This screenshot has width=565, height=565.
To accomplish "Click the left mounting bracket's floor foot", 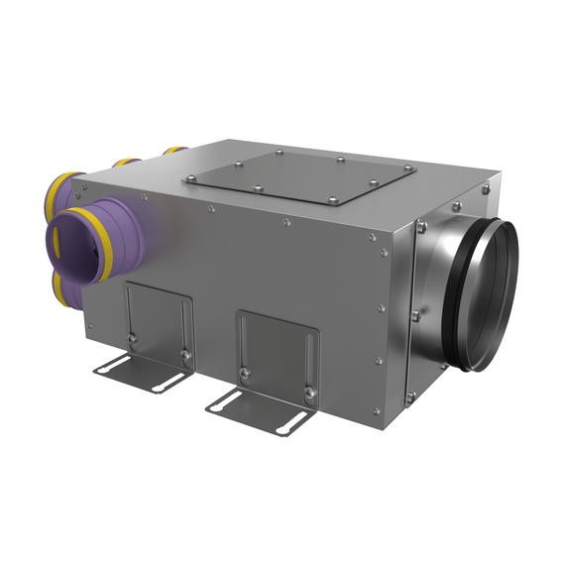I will [x=139, y=375].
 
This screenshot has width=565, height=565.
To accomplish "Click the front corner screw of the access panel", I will [x=257, y=190].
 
